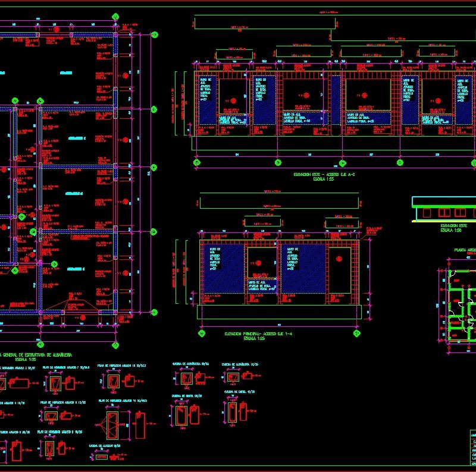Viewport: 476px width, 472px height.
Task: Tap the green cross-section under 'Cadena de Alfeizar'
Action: (102, 457)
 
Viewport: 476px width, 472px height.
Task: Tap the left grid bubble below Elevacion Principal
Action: (202, 334)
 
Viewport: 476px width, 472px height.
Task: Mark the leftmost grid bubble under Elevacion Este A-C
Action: (195, 162)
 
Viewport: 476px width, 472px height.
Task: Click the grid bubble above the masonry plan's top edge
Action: (115, 16)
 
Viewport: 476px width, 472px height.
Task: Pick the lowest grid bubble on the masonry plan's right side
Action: (154, 312)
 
